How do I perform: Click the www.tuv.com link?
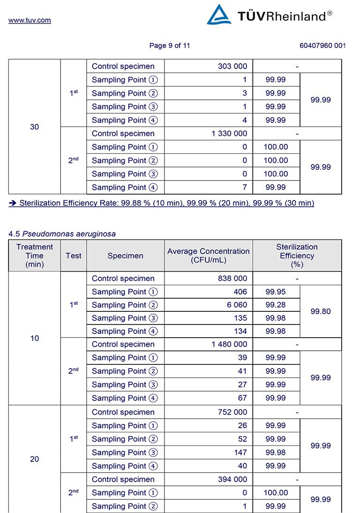30,20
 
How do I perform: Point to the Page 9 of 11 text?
170,45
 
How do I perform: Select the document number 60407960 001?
322,45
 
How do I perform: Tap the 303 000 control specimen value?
232,66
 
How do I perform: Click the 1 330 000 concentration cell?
229,134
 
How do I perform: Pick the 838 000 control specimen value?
232,279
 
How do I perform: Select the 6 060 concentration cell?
236,305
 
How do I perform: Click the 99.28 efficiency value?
276,305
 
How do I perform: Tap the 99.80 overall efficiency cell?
321,311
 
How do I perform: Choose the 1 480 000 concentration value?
229,344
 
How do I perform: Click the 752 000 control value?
232,412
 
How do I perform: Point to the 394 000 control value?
232,479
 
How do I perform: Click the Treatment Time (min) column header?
35,256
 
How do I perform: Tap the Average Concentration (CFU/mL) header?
209,256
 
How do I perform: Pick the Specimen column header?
125,256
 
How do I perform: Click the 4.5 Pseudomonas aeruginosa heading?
62,234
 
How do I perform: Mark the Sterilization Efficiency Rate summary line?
162,203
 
